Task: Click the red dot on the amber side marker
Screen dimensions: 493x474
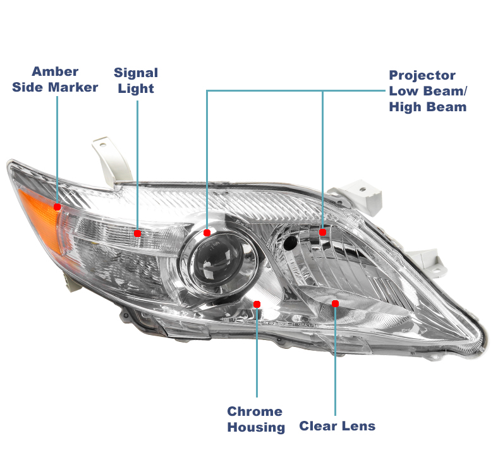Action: [x=58, y=207]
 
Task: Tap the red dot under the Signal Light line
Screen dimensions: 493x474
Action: [x=137, y=233]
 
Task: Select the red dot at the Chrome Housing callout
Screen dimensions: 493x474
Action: [x=257, y=304]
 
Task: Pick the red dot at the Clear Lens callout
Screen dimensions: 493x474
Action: [x=335, y=303]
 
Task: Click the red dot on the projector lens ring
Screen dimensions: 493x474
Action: [x=207, y=233]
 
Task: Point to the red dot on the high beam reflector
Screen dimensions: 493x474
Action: [x=322, y=233]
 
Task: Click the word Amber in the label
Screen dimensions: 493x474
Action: [x=55, y=71]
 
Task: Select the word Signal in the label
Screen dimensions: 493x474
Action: [x=136, y=73]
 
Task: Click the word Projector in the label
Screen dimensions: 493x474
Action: [x=422, y=76]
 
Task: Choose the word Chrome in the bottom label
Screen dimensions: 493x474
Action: [x=255, y=411]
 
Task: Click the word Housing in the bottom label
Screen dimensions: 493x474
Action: [x=256, y=428]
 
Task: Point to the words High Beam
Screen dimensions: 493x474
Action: [x=428, y=107]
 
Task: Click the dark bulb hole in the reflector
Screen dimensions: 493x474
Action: [x=290, y=243]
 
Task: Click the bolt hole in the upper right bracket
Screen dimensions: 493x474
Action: [x=363, y=190]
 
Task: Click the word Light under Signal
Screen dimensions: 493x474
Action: [x=136, y=88]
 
